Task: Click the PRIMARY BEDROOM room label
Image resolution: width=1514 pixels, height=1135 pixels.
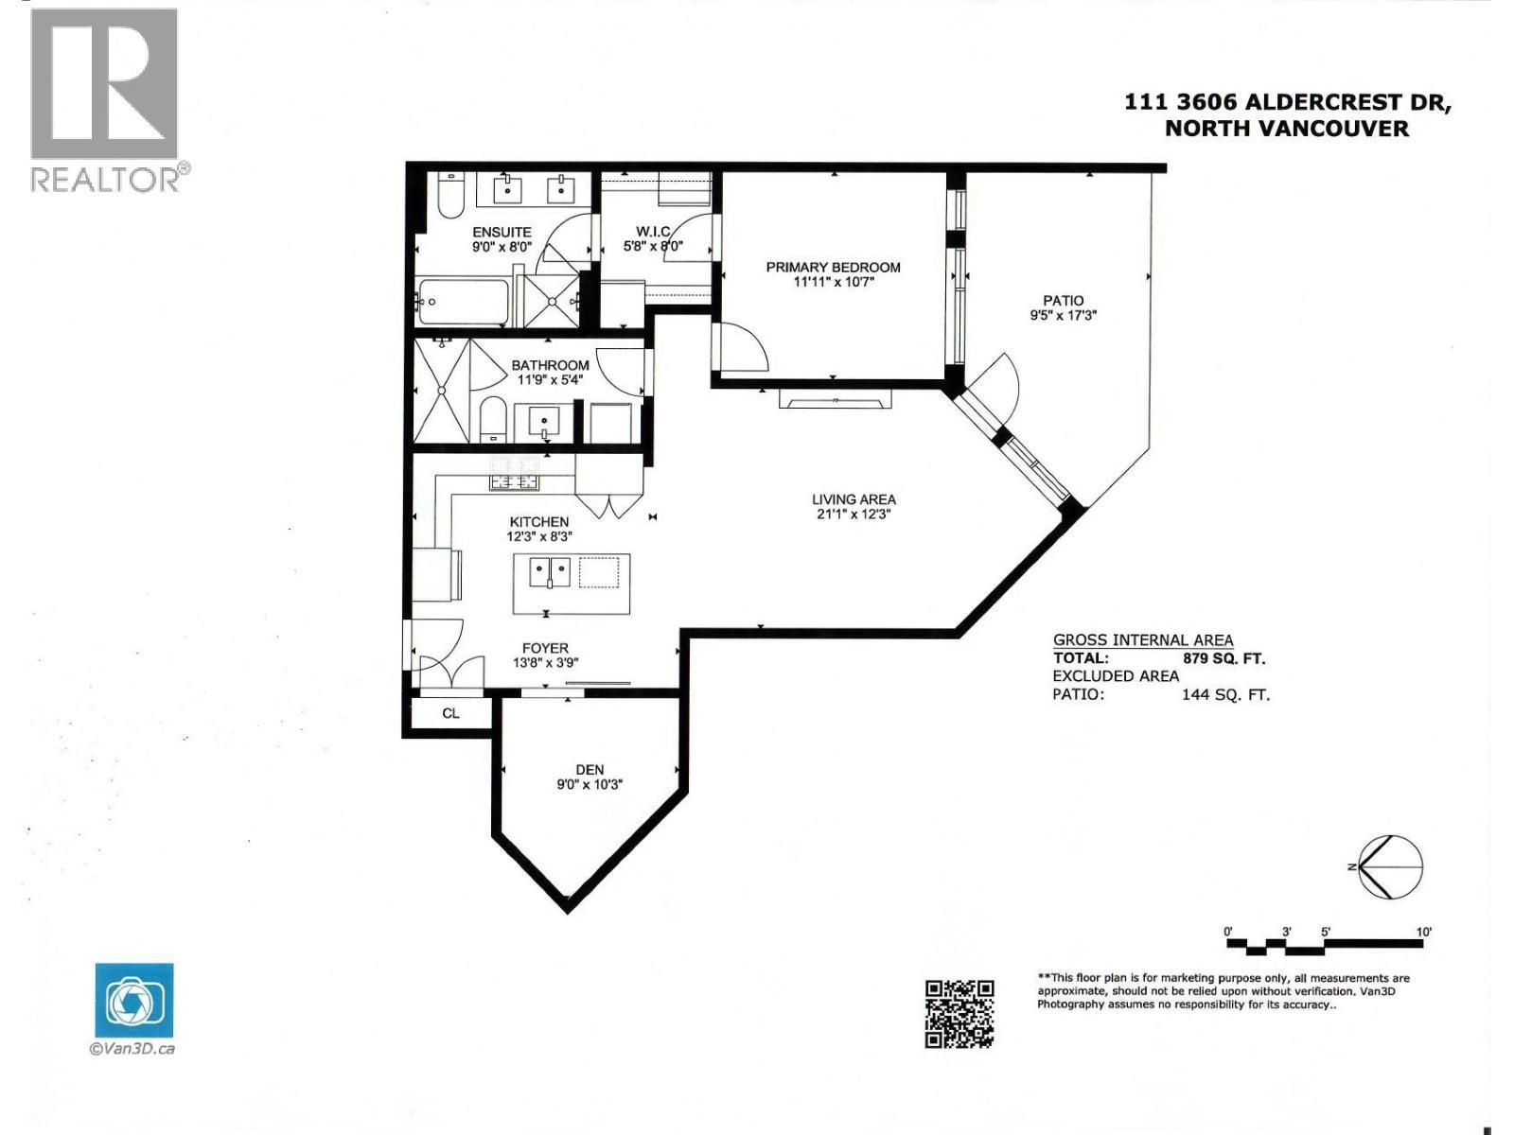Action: coord(833,268)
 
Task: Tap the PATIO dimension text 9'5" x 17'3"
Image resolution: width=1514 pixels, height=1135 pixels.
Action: coord(1063,316)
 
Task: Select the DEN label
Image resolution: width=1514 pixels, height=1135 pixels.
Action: coord(589,770)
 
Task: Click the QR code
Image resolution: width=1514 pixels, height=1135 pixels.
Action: coord(959,1014)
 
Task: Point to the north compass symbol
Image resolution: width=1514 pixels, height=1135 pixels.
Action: coord(1390,867)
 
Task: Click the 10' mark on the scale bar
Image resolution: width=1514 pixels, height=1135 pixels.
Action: coord(1424,933)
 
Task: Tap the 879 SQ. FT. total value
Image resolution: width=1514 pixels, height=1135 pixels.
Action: coord(1224,658)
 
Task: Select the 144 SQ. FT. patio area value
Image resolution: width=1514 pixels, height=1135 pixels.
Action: coord(1225,695)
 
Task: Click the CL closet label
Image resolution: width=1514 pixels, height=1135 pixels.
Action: coord(450,713)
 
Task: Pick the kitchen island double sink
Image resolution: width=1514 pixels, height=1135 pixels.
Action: coord(550,571)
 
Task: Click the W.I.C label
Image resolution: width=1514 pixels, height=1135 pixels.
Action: coord(653,232)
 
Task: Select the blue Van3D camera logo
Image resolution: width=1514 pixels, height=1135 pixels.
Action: coord(134,1001)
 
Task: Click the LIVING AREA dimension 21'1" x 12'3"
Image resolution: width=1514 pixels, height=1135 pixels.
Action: coord(853,515)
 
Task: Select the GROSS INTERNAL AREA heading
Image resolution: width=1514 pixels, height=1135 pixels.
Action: coord(1143,640)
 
